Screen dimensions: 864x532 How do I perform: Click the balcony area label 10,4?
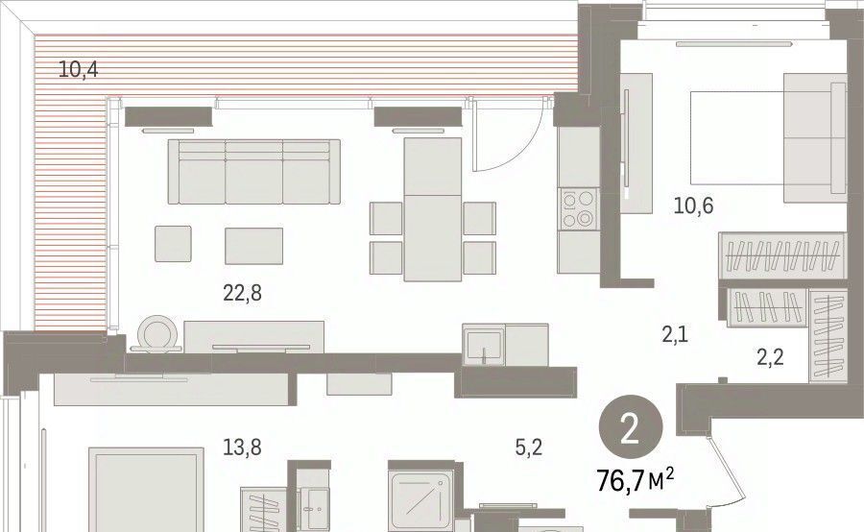pos(79,69)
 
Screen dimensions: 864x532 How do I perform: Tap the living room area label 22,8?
pos(243,293)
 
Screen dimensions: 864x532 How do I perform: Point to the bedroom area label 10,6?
pos(693,206)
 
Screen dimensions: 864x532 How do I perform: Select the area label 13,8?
pos(242,447)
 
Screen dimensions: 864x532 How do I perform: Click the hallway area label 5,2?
pos(529,447)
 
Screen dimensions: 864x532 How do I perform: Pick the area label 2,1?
pos(675,334)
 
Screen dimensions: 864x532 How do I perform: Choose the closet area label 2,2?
pos(770,357)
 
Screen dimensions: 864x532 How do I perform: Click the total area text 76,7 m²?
pos(636,480)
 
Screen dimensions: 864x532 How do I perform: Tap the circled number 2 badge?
pos(631,429)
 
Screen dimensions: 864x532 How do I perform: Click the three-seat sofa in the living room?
pos(254,172)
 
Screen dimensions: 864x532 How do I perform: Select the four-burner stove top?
pos(578,209)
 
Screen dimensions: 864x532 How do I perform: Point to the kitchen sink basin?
pos(483,347)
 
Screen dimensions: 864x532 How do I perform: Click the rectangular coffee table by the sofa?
pos(253,246)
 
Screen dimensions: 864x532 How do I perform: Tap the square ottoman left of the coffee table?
pos(173,243)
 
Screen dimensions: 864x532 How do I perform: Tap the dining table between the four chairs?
pos(433,209)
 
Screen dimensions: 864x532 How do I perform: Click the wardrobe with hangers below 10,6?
pos(781,255)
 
